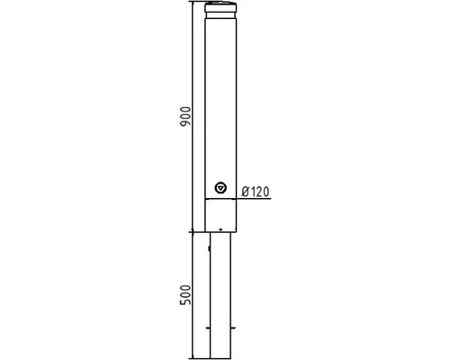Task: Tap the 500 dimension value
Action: (x=185, y=296)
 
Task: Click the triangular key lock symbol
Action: (x=220, y=188)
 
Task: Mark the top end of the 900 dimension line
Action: (x=194, y=3)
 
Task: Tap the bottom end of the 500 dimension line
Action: (x=194, y=357)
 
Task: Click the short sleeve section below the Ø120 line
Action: (x=220, y=214)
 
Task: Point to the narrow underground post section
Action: (x=220, y=288)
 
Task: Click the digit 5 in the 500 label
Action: (x=185, y=304)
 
